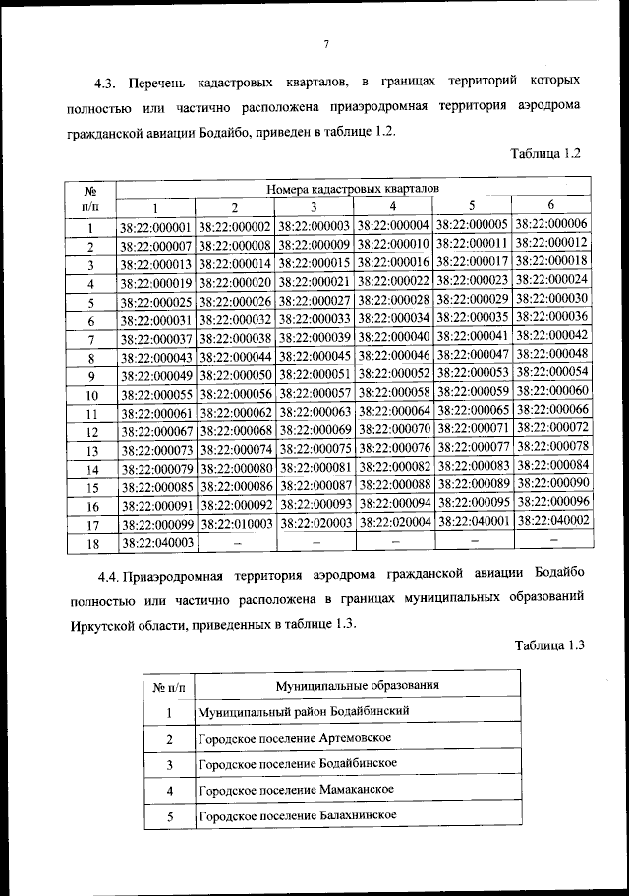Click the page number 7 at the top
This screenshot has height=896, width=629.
point(325,41)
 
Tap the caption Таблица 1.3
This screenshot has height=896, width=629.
point(549,645)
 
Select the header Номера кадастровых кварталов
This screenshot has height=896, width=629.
point(353,187)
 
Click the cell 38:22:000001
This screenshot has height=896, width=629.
point(155,227)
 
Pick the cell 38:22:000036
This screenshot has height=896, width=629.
point(551,317)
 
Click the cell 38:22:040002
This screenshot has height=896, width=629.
point(551,520)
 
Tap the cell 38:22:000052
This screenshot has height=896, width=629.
point(393,374)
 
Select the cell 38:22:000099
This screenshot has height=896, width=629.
point(155,524)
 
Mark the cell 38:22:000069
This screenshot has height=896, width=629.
point(314,430)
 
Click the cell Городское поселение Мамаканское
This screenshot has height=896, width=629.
point(296,790)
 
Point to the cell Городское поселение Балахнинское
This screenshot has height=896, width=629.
point(297,816)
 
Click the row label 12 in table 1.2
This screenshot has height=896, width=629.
point(90,431)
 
